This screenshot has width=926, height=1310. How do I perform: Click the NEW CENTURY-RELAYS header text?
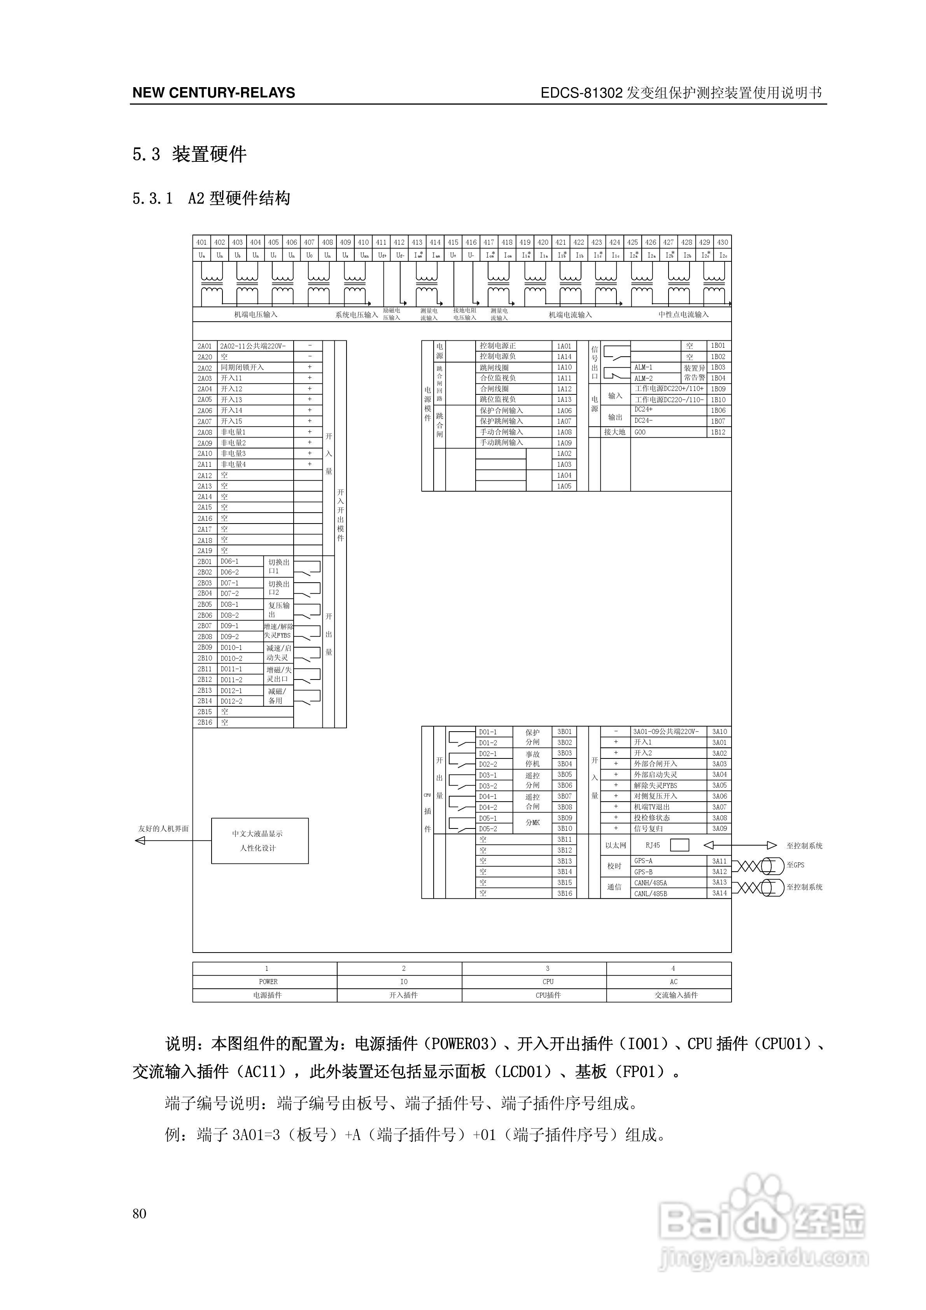click(214, 93)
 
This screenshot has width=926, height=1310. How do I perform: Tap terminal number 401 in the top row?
click(201, 242)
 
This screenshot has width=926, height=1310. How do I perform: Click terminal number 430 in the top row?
click(722, 242)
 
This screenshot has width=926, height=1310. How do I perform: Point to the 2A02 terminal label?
click(205, 368)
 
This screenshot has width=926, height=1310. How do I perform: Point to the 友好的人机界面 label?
click(163, 828)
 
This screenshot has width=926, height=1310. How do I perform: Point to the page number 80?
click(139, 1214)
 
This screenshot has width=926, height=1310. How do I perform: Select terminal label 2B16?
click(205, 722)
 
